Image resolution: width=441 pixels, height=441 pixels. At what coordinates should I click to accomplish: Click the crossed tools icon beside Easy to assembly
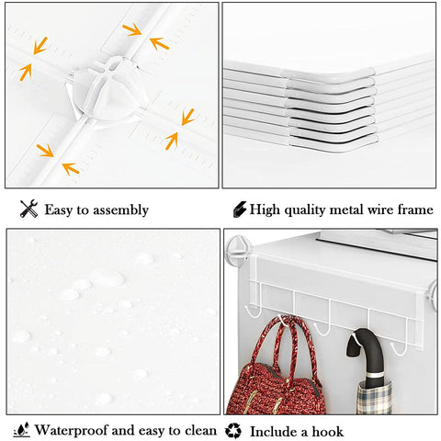pyautogui.click(x=28, y=209)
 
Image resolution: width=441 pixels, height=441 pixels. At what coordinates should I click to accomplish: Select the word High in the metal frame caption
pyautogui.click(x=265, y=209)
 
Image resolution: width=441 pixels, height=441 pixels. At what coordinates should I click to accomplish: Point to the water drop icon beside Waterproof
pyautogui.click(x=22, y=429)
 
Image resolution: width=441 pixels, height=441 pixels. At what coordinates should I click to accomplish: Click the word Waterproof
pyautogui.click(x=71, y=430)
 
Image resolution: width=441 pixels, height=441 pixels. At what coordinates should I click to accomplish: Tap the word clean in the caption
pyautogui.click(x=200, y=430)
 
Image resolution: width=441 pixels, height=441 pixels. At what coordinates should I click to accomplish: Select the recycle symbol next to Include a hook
pyautogui.click(x=233, y=431)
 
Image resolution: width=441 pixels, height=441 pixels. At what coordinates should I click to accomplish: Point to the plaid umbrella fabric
pyautogui.click(x=374, y=398)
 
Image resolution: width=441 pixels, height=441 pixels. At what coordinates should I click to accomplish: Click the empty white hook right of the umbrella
pyautogui.click(x=399, y=349)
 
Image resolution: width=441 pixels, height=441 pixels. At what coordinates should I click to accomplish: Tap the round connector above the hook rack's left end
pyautogui.click(x=238, y=250)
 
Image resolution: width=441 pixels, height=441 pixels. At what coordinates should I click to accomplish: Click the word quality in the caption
pyautogui.click(x=305, y=210)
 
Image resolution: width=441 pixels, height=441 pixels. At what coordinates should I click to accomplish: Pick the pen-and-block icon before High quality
pyautogui.click(x=240, y=209)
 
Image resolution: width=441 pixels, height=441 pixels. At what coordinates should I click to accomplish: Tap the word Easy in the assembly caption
pyautogui.click(x=59, y=210)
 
